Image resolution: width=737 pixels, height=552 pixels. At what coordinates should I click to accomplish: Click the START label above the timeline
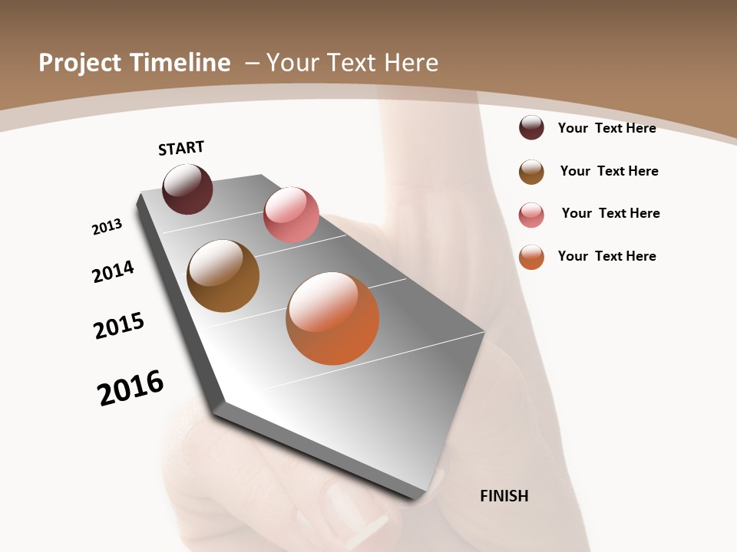point(181,148)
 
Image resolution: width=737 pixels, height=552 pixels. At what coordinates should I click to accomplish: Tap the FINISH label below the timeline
point(504,496)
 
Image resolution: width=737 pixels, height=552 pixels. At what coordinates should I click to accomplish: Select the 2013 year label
point(107,227)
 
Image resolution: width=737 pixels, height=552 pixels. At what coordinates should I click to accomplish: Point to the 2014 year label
point(114,271)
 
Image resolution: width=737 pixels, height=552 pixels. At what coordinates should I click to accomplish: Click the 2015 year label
point(119,325)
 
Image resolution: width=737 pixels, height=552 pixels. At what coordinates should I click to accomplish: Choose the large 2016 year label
point(131,388)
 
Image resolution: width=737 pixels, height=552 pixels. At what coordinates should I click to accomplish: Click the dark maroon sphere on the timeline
point(187,189)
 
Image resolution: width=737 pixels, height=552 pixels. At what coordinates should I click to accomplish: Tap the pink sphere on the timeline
point(291,215)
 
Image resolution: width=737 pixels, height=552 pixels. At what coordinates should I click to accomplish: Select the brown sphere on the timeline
point(223,276)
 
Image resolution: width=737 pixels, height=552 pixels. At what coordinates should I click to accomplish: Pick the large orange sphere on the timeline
point(332,318)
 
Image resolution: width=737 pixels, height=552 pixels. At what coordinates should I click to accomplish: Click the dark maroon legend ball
point(531,128)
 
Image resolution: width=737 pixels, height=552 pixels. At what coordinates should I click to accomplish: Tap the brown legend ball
point(531,172)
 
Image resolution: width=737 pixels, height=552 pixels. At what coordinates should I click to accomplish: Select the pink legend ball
point(531,215)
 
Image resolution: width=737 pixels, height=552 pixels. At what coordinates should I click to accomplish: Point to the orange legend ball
point(531,257)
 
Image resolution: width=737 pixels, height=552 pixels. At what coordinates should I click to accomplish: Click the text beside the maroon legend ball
point(606,128)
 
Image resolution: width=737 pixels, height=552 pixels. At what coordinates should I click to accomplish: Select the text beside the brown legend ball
point(609,171)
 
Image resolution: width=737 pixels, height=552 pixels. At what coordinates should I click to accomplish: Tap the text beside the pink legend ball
point(610,213)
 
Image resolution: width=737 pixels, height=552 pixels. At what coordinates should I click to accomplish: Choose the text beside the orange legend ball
point(606,256)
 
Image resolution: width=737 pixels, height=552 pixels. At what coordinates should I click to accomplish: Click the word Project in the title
point(80,63)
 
